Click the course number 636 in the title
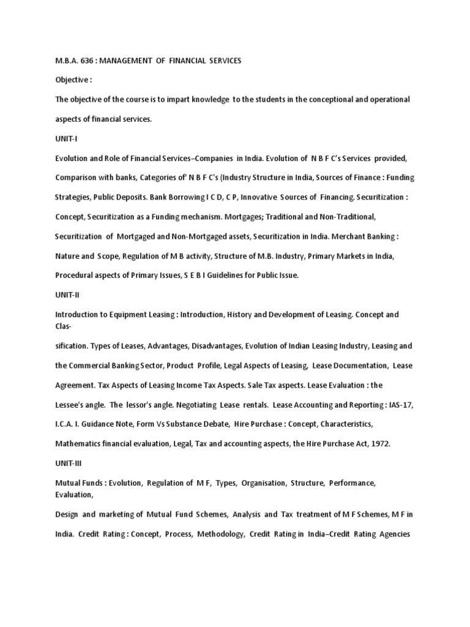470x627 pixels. pyautogui.click(x=87, y=61)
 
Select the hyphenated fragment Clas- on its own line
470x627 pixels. pyautogui.click(x=64, y=327)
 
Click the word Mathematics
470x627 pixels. pyautogui.click(x=80, y=443)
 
